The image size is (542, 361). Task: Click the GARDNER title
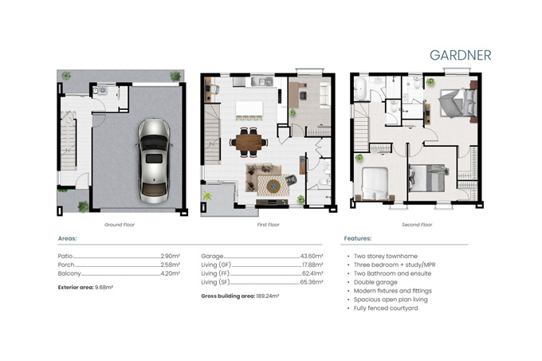tap(461, 55)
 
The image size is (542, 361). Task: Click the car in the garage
tap(154, 161)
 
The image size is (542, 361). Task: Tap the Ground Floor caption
tap(120, 225)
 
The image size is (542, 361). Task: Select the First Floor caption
tap(269, 225)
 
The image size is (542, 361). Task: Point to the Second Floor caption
tap(417, 225)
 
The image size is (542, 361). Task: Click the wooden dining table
tap(249, 142)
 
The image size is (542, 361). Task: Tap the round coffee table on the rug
tap(273, 186)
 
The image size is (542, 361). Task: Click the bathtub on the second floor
tap(360, 89)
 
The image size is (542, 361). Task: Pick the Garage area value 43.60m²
tap(312, 256)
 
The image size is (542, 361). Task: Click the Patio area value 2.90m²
tap(170, 256)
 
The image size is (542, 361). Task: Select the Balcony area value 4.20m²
tap(170, 273)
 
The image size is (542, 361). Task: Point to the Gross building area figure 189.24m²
tap(268, 296)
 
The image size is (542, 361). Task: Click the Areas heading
tap(68, 238)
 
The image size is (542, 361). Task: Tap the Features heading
tap(358, 238)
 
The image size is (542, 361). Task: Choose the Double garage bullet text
tap(375, 282)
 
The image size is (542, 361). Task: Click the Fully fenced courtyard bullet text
tap(386, 308)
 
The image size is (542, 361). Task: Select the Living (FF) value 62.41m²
tap(312, 273)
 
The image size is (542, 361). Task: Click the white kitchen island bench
tap(249, 109)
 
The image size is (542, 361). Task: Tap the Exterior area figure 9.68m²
tap(104, 287)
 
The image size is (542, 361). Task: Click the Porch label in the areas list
tap(66, 265)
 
